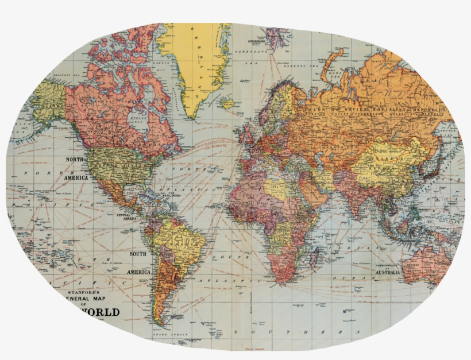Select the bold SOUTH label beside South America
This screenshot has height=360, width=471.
pyautogui.click(x=138, y=254)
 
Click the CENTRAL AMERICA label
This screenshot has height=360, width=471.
pyautogui.click(x=127, y=217)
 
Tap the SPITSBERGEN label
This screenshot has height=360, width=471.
pyautogui.click(x=258, y=42)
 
